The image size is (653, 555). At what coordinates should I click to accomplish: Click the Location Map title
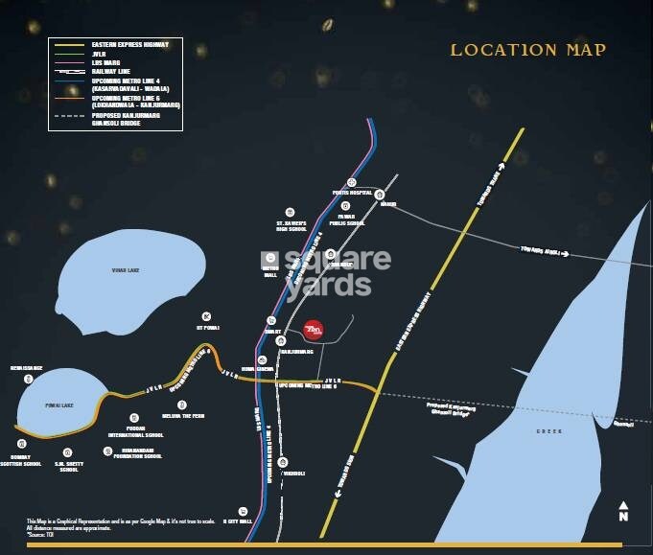[x=528, y=50]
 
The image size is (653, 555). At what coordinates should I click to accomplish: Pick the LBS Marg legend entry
[x=102, y=62]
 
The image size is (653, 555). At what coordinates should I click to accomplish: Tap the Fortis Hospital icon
[x=352, y=181]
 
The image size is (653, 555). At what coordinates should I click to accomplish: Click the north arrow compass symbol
[x=623, y=509]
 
